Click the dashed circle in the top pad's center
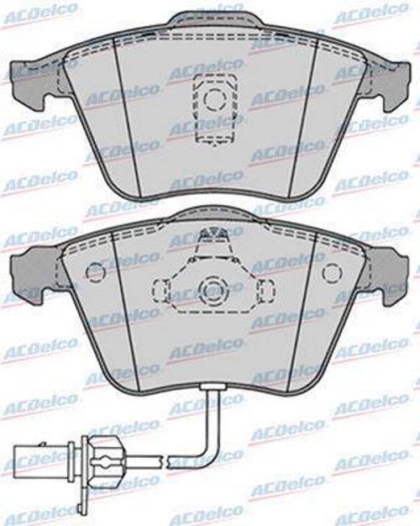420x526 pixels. point(215,100)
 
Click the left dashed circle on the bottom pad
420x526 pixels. point(96,272)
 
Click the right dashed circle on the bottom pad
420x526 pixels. point(332,272)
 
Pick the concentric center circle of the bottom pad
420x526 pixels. point(213,289)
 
